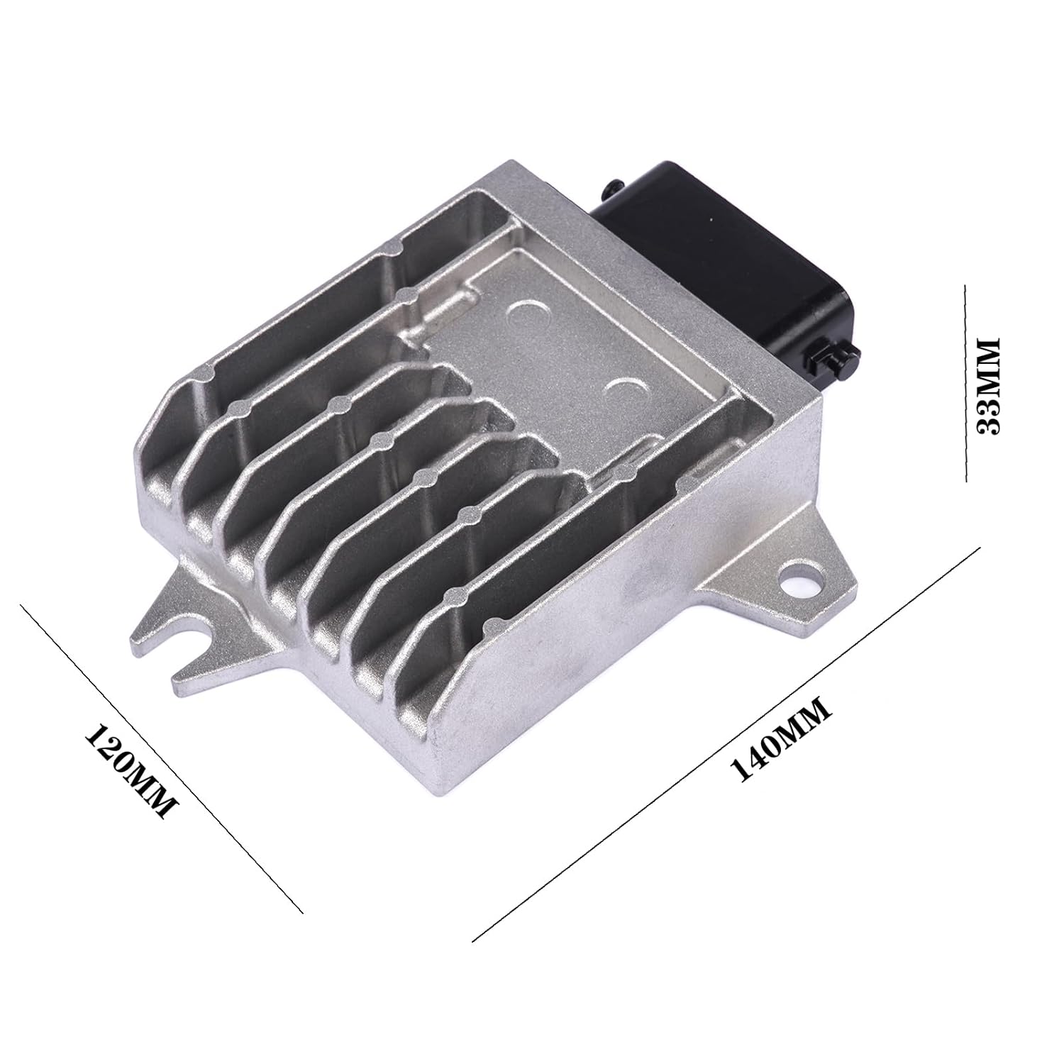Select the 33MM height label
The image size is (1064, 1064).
988,386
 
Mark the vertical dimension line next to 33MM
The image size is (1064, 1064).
965,383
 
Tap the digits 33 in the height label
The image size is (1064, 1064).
988,419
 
